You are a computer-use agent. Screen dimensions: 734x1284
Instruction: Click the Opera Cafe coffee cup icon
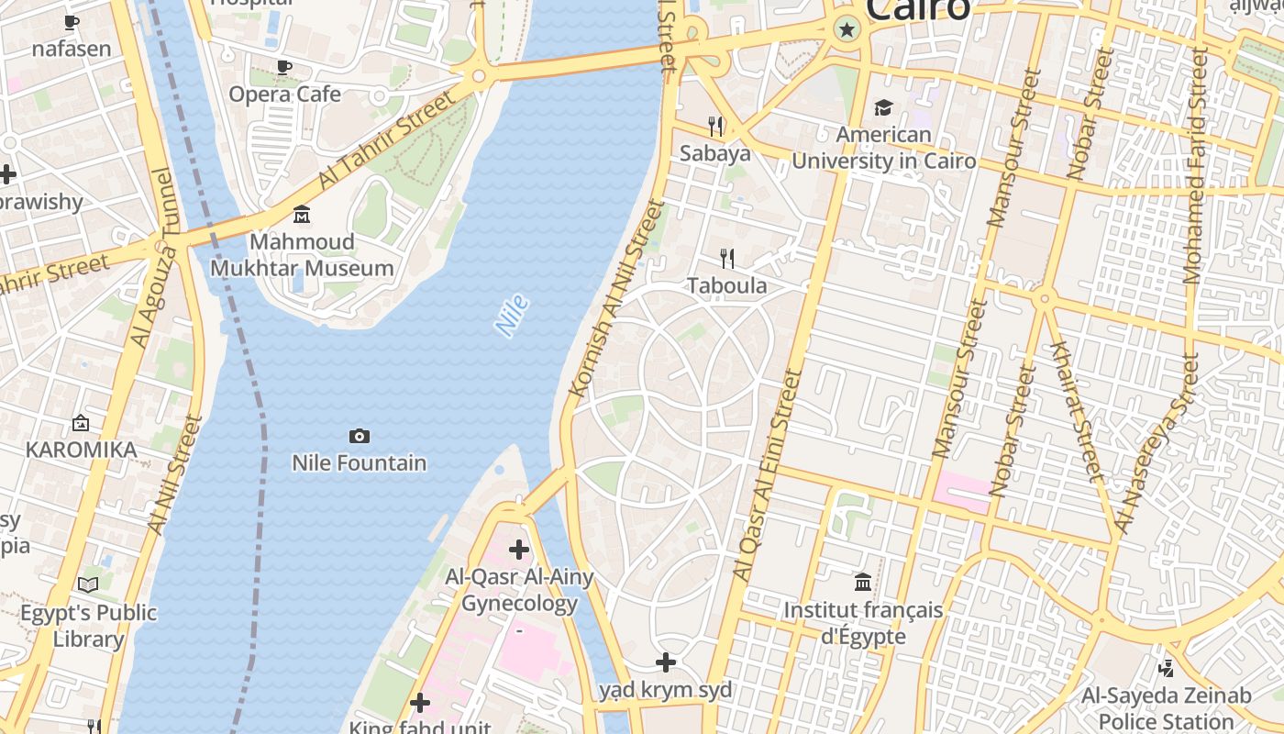pos(284,67)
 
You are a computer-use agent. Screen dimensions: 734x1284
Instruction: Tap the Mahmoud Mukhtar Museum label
pos(302,255)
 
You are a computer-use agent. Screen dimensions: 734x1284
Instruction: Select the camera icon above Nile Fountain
pos(360,436)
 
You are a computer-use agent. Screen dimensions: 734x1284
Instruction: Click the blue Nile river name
pos(512,315)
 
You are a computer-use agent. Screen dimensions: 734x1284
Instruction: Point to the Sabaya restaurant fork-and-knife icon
pos(715,126)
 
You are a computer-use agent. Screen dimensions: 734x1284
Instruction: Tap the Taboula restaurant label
pos(727,286)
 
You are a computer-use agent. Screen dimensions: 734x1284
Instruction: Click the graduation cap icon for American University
pos(883,108)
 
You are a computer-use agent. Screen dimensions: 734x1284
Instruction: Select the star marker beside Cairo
pos(847,30)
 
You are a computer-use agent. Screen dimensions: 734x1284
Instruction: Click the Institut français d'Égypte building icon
pos(863,582)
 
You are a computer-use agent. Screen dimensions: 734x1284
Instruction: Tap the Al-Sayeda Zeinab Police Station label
pos(1166,708)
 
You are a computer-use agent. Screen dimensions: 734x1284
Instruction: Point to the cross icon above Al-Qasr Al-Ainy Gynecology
pos(519,550)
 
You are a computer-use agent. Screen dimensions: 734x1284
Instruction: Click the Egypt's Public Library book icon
pos(88,584)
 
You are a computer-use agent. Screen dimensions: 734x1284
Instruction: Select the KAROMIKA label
pos(81,450)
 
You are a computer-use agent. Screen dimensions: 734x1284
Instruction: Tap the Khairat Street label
pos(1073,410)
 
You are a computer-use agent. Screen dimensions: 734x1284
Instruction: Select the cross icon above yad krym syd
pos(666,662)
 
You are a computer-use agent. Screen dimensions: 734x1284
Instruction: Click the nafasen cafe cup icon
pos(72,22)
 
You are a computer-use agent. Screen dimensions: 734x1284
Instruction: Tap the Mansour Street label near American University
pos(1009,147)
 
